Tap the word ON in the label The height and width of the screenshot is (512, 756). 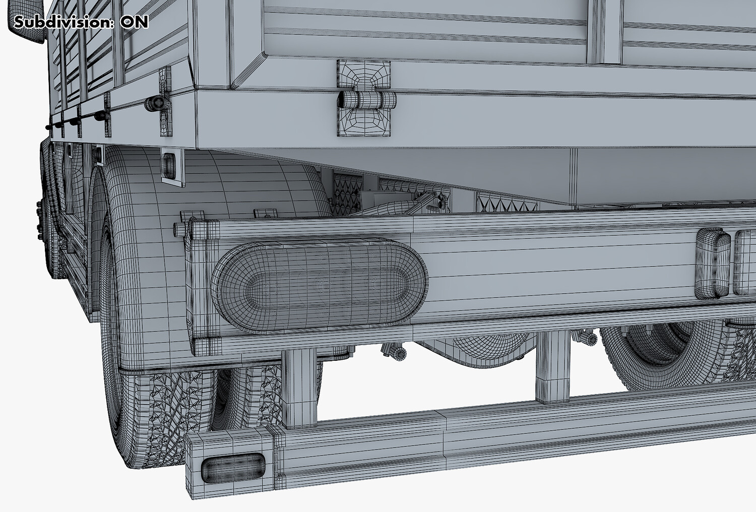(x=135, y=22)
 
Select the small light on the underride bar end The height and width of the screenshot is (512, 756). (x=233, y=468)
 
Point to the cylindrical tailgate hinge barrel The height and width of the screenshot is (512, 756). (x=367, y=100)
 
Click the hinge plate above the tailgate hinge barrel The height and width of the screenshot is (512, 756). (x=363, y=76)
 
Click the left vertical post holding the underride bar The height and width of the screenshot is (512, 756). (x=299, y=389)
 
